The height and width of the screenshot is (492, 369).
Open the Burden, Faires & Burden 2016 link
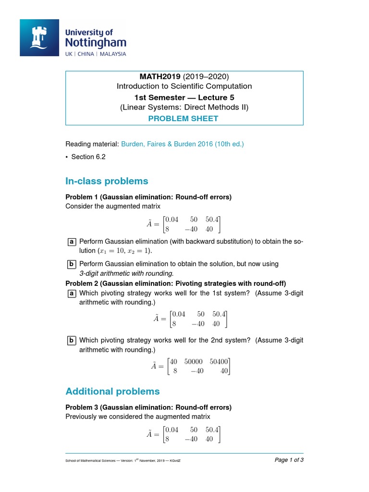(182, 144)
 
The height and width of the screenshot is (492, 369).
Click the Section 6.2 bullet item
(88, 157)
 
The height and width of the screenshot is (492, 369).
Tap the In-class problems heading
(107, 181)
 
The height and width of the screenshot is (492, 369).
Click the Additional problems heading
(112, 391)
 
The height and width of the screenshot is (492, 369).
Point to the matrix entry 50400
(220, 361)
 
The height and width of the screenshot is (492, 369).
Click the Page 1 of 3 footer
(289, 460)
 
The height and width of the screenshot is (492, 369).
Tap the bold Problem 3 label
(82, 407)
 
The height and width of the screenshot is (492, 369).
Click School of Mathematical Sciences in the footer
(90, 461)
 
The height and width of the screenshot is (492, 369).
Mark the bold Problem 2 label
(82, 283)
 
